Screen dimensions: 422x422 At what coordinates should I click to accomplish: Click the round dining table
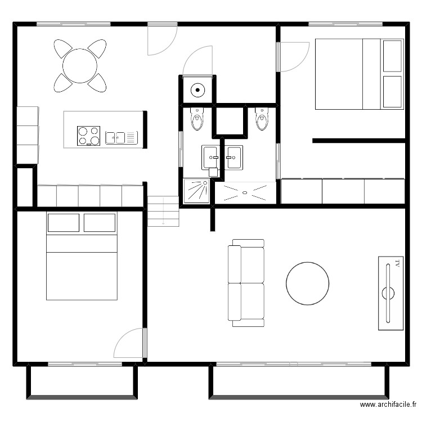(80, 66)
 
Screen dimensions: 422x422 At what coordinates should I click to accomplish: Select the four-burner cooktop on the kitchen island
(88, 136)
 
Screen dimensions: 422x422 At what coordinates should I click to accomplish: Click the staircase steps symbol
(163, 211)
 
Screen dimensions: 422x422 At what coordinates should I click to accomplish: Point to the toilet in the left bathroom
(197, 119)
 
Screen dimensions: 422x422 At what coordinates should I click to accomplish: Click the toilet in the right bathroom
(262, 119)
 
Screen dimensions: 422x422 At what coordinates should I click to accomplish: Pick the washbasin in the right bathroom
(234, 157)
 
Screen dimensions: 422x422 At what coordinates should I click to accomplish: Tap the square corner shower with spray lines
(196, 191)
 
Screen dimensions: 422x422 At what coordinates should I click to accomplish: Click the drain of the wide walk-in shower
(245, 192)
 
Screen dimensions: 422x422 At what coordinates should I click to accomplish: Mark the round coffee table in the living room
(308, 283)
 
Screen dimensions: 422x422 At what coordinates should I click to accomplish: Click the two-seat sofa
(246, 283)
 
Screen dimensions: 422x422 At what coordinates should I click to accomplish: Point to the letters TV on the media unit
(397, 263)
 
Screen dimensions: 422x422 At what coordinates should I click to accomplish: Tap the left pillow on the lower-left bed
(64, 223)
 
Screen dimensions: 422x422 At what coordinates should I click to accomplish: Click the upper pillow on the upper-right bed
(392, 56)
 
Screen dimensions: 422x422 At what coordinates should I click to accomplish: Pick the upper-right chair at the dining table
(97, 48)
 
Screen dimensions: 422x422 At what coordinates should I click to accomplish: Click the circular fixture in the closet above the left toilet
(197, 89)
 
